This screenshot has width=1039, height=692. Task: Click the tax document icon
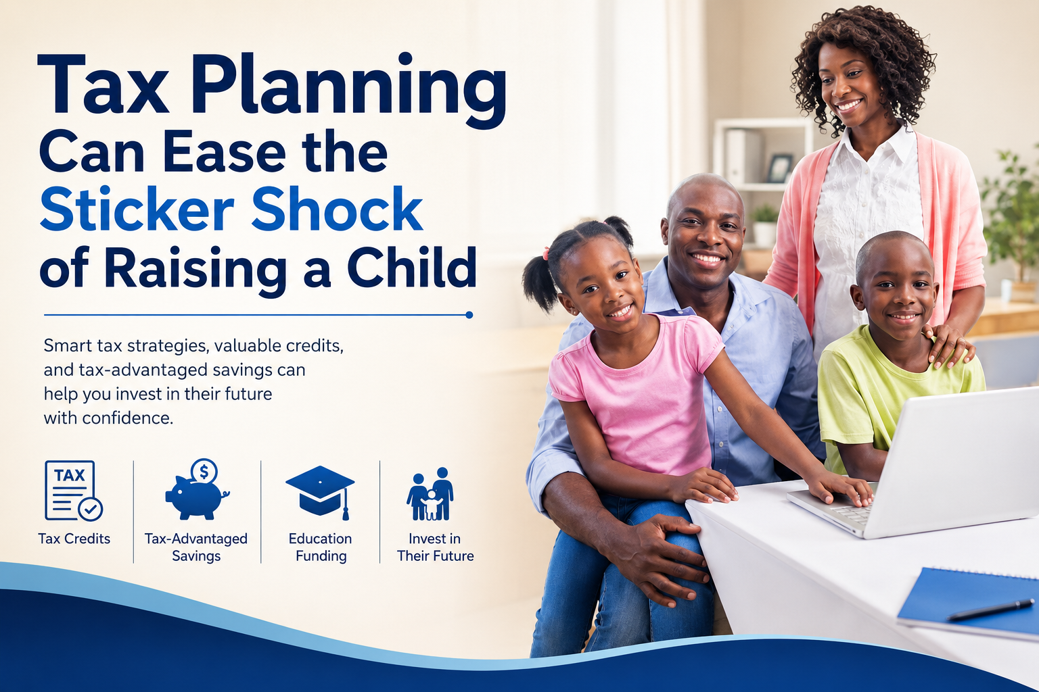(x=74, y=491)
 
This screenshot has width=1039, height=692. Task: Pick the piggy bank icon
(x=197, y=489)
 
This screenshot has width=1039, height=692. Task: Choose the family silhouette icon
(x=430, y=494)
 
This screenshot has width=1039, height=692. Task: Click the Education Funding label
(x=321, y=547)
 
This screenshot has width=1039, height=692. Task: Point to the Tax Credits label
(x=74, y=539)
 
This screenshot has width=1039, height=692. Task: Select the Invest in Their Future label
(x=435, y=547)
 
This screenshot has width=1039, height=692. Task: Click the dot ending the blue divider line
(x=469, y=315)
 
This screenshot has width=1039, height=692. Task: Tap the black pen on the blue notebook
(x=991, y=610)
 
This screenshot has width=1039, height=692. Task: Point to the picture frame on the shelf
(x=779, y=168)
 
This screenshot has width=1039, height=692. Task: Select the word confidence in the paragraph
(x=128, y=418)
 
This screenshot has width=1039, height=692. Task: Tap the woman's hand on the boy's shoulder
(x=946, y=345)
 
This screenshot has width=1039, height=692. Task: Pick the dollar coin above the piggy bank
(x=204, y=472)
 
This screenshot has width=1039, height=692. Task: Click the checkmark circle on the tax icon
(x=91, y=510)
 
